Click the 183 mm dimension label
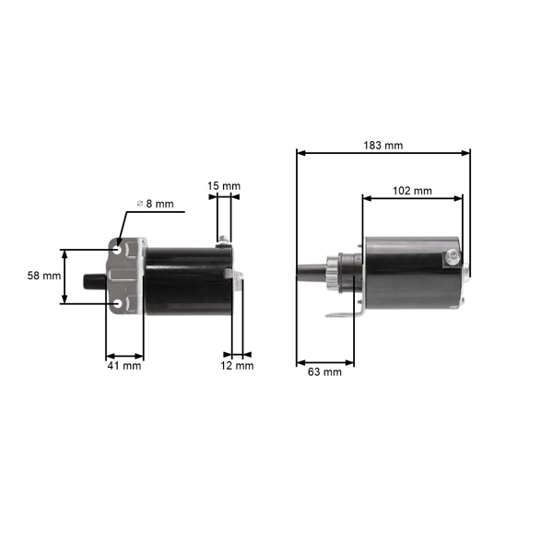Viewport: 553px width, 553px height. point(382,146)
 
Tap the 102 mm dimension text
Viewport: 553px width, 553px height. point(412,191)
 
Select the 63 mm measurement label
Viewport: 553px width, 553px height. point(324,372)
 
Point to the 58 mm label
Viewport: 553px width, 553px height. point(43,276)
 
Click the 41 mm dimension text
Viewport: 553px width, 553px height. point(124,366)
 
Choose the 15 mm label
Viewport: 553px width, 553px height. point(223,186)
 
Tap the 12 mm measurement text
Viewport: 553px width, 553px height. point(238,366)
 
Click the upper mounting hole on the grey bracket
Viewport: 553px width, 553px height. point(118,250)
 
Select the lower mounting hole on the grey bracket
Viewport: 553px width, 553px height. point(118,301)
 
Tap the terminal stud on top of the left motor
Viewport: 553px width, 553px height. point(222,242)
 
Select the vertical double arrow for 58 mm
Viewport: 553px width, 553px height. point(65,276)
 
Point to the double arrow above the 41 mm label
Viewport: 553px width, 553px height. point(124,355)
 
